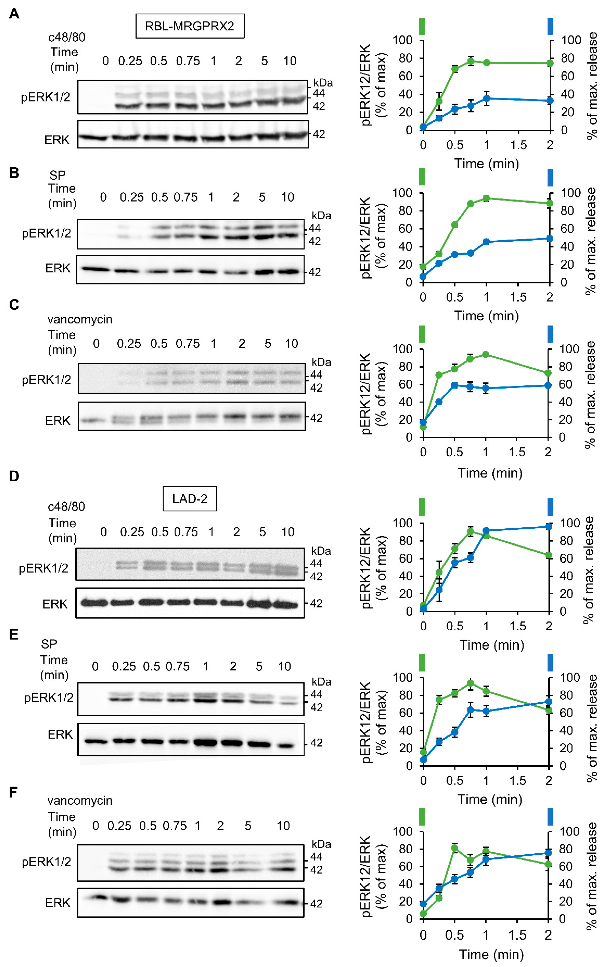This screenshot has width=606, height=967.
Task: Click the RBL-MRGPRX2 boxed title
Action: [x=190, y=26]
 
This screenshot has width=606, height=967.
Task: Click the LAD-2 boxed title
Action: [x=190, y=498]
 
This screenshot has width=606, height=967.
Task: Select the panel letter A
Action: [x=14, y=14]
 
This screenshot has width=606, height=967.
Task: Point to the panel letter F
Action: [x=13, y=792]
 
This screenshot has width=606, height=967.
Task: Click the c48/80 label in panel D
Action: [x=66, y=506]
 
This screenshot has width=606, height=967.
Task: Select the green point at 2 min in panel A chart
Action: [x=550, y=63]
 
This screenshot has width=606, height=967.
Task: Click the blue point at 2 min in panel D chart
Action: [x=549, y=527]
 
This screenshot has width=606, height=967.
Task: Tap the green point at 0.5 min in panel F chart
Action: [x=455, y=848]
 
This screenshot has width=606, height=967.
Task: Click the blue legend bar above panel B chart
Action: [x=550, y=177]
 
